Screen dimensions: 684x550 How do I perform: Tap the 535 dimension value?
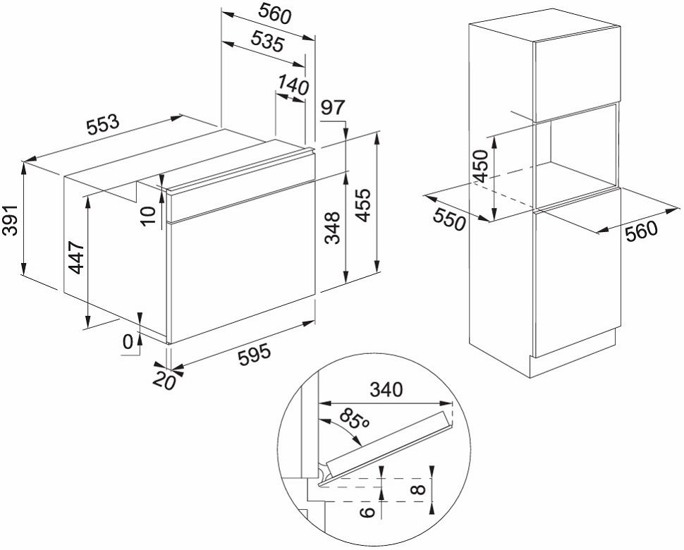268,42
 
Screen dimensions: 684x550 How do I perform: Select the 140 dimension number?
293,85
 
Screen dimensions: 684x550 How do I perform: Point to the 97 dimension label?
332,107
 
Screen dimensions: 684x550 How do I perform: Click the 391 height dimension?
10,219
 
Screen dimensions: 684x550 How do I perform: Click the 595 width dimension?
255,355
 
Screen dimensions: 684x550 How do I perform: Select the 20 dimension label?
164,381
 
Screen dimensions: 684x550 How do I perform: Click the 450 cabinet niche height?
480,166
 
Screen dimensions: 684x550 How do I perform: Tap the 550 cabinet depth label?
450,219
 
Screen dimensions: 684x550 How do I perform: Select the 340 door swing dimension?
386,389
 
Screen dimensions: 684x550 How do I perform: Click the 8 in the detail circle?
418,489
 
